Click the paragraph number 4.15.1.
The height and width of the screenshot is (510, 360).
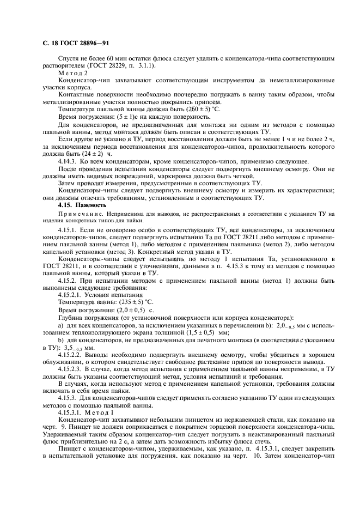69,232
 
